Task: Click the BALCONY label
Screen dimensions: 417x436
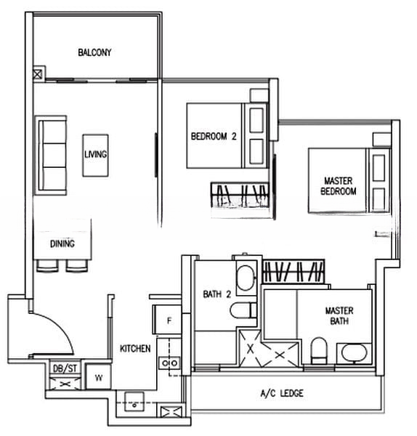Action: (94, 52)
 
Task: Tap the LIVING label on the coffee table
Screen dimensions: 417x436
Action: (95, 154)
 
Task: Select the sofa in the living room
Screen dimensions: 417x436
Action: (51, 156)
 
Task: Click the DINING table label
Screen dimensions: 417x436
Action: (62, 243)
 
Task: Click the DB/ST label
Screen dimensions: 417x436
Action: (65, 368)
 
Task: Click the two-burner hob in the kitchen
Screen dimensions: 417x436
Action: (169, 363)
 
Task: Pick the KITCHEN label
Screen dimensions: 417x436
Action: (135, 348)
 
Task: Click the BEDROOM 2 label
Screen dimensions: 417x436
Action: (214, 137)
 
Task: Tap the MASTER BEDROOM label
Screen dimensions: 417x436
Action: (339, 186)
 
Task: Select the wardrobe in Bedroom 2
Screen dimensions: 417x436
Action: (240, 195)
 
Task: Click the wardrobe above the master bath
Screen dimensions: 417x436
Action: (293, 272)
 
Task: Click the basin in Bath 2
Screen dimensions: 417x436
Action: (246, 278)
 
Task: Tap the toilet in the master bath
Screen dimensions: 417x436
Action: (319, 350)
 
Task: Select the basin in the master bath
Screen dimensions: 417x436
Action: (354, 353)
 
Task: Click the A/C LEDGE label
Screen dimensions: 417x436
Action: (282, 393)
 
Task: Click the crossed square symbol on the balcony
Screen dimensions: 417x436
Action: (38, 74)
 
